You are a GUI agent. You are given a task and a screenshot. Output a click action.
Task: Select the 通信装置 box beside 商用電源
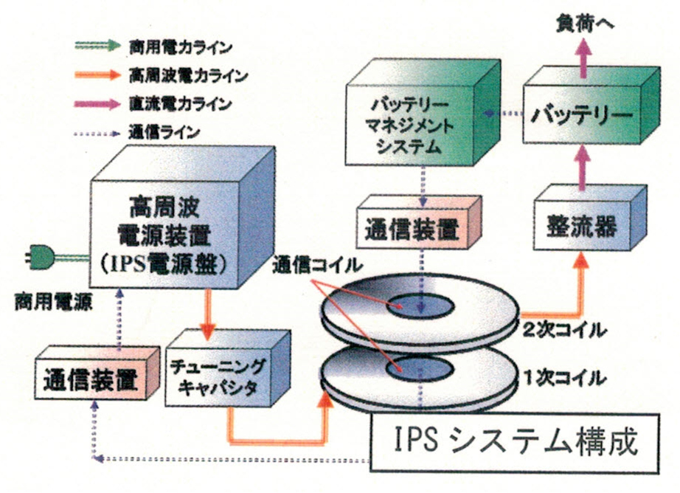(88, 381)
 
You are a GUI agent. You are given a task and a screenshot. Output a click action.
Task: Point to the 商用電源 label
(46, 304)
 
